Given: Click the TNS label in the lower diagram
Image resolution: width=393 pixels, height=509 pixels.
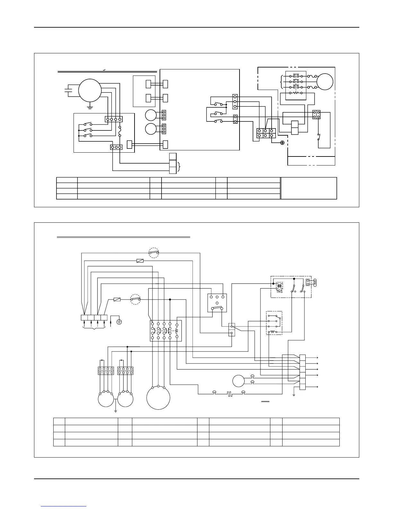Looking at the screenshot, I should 280,291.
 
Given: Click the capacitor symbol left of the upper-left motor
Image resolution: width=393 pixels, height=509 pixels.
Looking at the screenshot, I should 68,89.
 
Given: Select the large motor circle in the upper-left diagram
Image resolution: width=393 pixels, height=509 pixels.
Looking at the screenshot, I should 90,90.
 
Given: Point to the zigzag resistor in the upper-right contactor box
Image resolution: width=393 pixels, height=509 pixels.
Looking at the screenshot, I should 295,93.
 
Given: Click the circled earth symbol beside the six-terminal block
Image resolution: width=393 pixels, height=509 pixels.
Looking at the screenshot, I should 283,142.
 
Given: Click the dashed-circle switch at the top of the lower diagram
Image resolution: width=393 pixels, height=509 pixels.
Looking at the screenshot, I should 154,253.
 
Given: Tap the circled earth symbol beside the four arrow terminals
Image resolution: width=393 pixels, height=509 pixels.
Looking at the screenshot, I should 119,321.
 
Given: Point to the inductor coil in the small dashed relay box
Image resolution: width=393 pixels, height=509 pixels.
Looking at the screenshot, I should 273,332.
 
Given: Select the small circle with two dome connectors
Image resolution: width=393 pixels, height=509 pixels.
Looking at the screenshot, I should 239,381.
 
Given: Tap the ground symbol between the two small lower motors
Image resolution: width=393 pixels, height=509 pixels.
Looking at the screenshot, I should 115,410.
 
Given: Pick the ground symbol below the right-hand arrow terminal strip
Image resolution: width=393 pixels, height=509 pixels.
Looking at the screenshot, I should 294,395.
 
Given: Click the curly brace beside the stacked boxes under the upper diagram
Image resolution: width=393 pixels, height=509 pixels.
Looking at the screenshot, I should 179,167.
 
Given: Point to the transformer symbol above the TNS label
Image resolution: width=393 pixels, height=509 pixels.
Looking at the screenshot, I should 279,286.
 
